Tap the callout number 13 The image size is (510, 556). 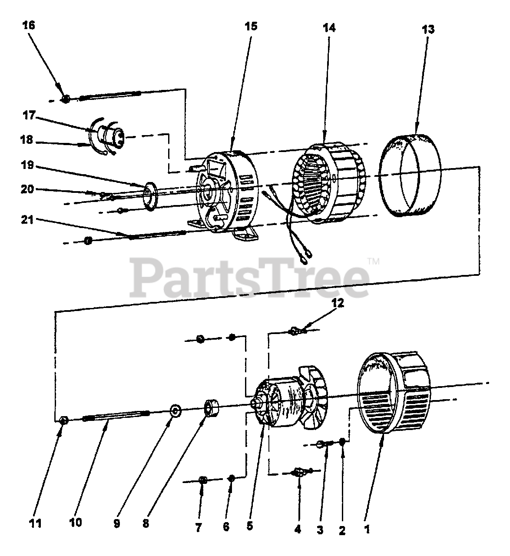427,30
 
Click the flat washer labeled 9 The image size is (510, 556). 176,410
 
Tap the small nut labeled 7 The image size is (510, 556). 202,480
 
